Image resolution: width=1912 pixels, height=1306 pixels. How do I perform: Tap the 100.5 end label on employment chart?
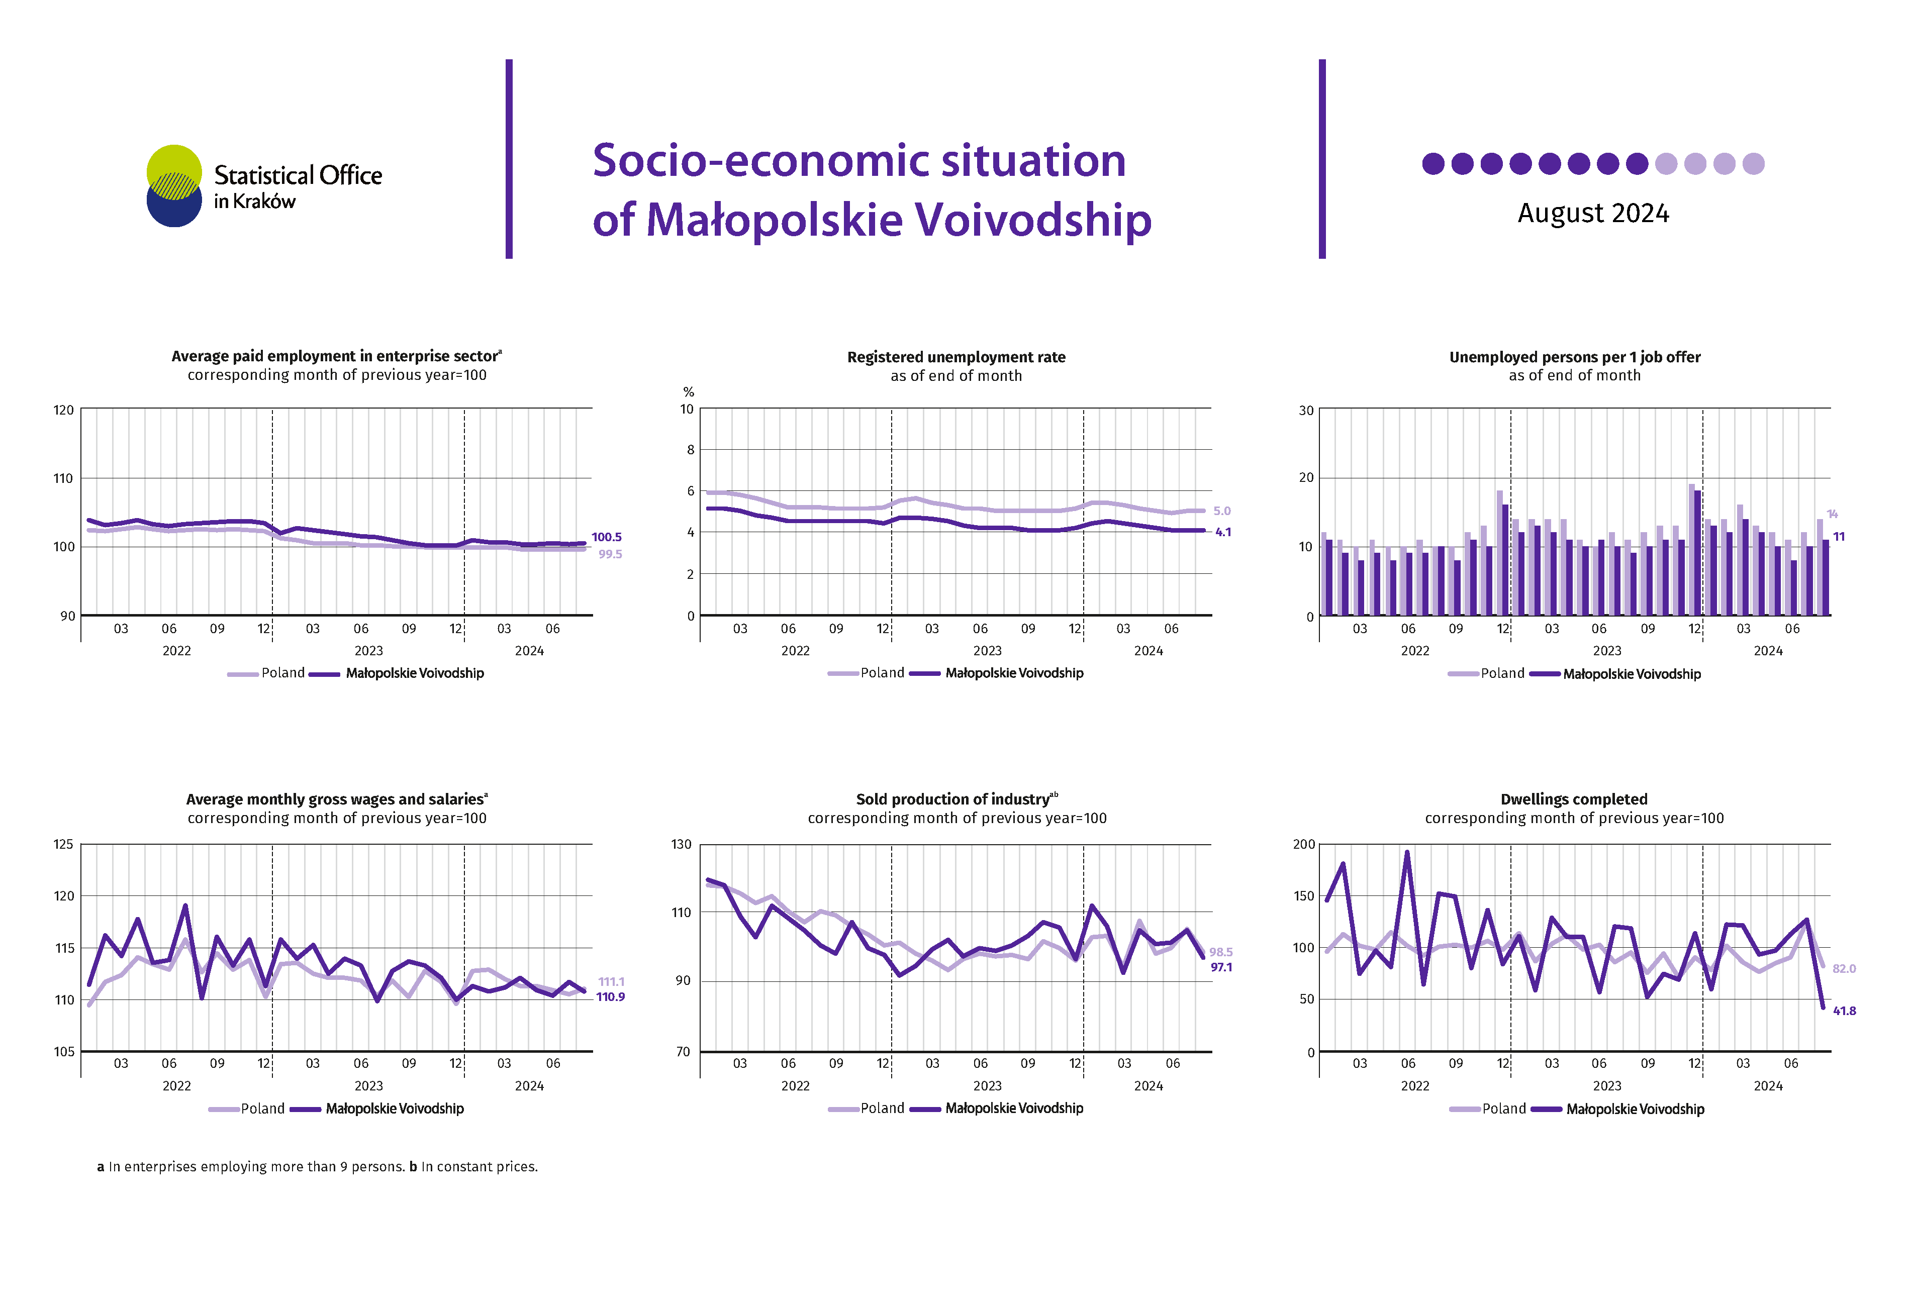[x=606, y=537]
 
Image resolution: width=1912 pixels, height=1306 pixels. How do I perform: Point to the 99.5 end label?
[x=610, y=554]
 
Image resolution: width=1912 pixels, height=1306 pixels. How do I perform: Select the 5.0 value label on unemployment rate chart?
[x=1222, y=511]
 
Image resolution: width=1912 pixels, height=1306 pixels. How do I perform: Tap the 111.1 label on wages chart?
[x=611, y=981]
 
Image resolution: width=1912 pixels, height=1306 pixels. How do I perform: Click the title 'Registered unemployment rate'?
[x=956, y=357]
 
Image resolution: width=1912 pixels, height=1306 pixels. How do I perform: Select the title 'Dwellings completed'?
[x=1574, y=799]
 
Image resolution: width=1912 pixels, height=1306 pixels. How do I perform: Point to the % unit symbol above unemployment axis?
[x=689, y=392]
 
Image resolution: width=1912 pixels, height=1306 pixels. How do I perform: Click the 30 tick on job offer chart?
[x=1306, y=411]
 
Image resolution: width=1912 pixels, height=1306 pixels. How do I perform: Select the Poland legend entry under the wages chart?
[x=247, y=1109]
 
